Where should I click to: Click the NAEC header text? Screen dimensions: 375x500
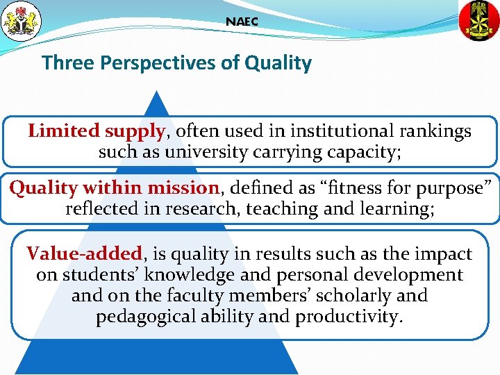click(x=242, y=22)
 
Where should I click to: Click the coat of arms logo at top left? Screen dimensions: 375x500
click(x=22, y=20)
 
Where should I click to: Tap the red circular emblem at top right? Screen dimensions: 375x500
click(x=479, y=20)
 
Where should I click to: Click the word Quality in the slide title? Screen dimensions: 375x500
click(x=278, y=63)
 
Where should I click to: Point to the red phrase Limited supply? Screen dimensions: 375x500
click(x=97, y=131)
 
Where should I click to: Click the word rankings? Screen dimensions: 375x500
click(x=435, y=131)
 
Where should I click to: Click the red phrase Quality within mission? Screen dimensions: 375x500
click(x=114, y=187)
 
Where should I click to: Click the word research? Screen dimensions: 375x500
click(x=210, y=208)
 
